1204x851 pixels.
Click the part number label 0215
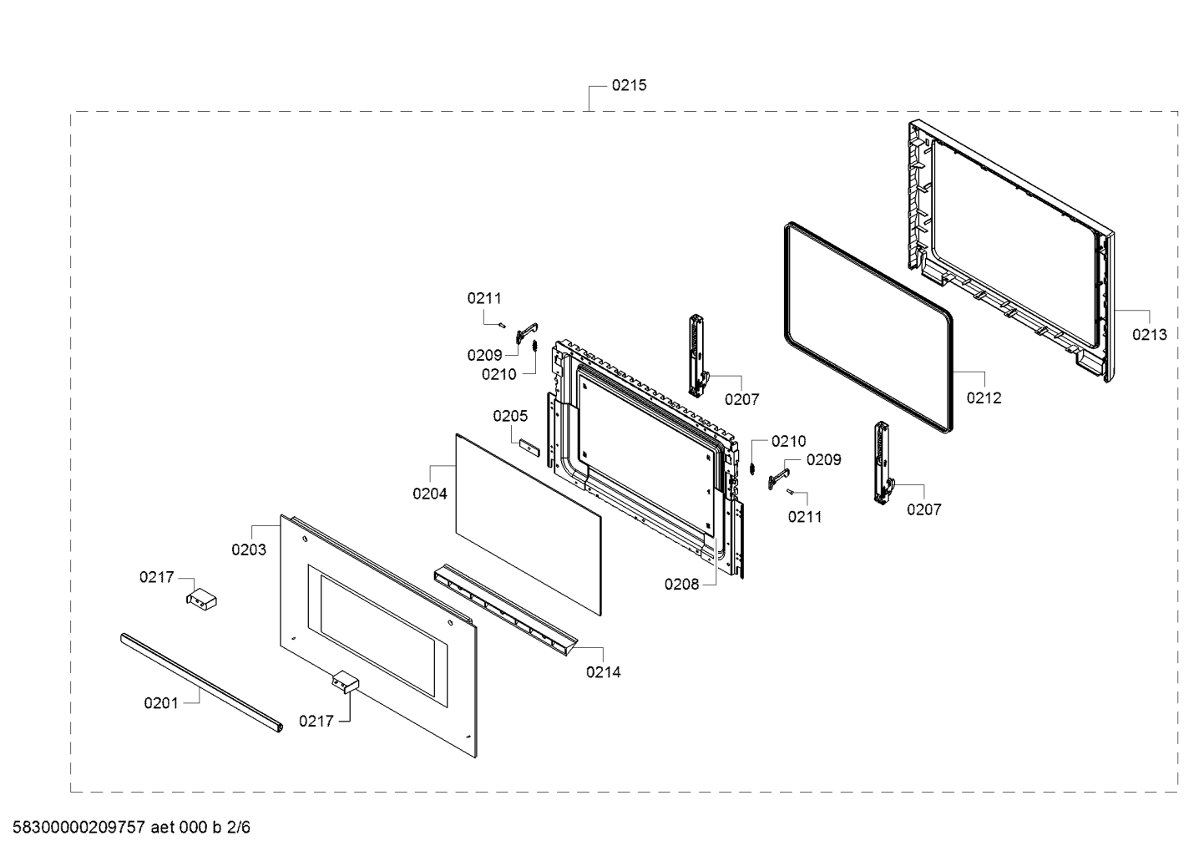click(629, 85)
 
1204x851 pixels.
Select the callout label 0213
click(1149, 335)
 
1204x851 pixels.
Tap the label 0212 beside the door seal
click(984, 398)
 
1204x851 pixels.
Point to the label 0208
click(681, 585)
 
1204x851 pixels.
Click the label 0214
click(603, 671)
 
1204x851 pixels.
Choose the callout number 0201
click(161, 703)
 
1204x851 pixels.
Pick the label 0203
click(249, 550)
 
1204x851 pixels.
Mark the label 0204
click(430, 494)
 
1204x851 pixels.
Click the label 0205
click(510, 416)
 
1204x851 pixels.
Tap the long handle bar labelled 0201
click(200, 681)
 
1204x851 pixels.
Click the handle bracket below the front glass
click(343, 683)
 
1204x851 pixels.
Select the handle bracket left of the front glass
click(201, 599)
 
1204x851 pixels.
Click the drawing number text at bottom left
click(125, 828)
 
